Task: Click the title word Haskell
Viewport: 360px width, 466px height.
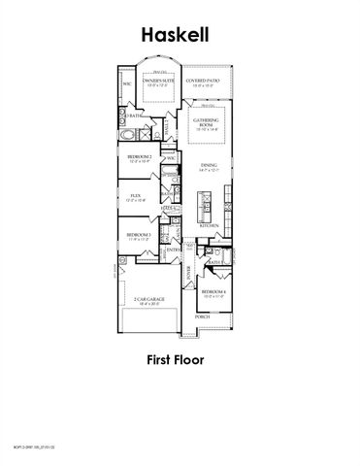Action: click(x=180, y=34)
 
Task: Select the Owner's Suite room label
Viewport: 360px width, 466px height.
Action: click(x=158, y=83)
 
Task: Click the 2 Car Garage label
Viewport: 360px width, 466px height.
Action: click(x=149, y=302)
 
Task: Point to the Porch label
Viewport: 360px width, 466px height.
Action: click(x=202, y=316)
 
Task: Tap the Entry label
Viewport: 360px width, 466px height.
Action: click(x=173, y=250)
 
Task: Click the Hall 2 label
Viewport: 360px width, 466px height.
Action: click(x=168, y=207)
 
